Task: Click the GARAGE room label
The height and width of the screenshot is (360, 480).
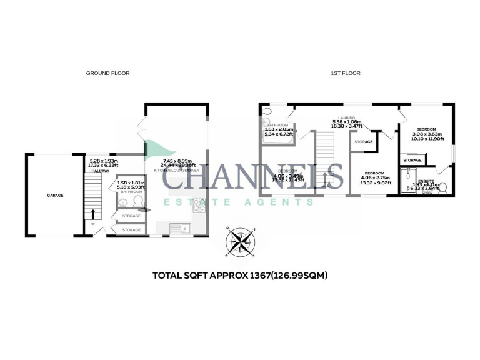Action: click(55, 195)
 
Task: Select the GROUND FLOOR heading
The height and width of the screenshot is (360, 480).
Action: click(107, 73)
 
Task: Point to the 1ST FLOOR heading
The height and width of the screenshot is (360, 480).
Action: click(345, 73)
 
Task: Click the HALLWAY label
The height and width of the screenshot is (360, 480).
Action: click(100, 171)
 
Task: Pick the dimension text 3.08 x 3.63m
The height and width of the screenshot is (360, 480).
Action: click(427, 134)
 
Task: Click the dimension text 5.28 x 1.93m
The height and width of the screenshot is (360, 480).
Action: click(100, 160)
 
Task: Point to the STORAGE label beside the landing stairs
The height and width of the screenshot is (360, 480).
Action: click(363, 142)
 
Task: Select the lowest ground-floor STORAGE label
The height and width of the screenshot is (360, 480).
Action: click(131, 230)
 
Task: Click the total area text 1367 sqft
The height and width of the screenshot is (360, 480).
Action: click(241, 275)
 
